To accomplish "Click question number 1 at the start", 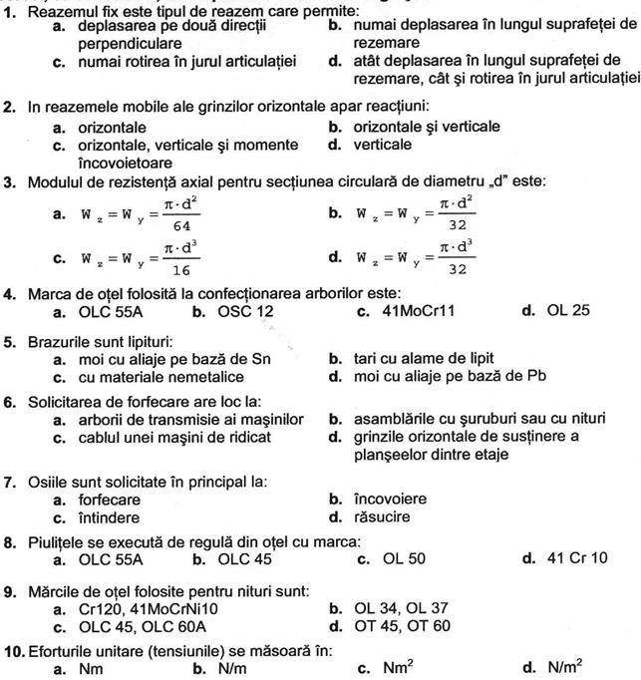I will (9, 9).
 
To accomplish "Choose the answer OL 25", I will (568, 310).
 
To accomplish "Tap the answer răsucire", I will (382, 516).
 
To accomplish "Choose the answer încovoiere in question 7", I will (390, 499).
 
